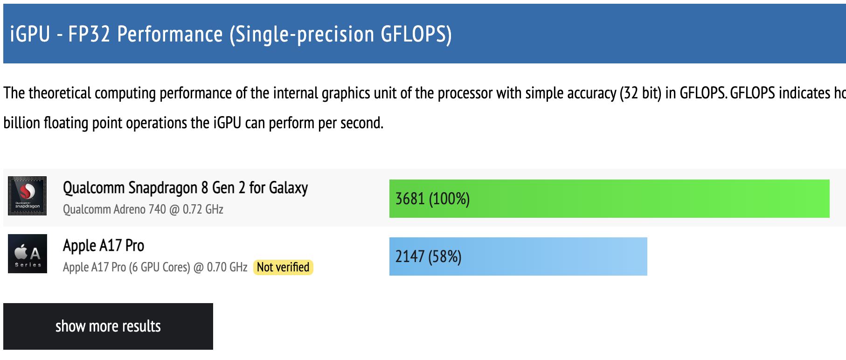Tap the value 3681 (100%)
[x=432, y=199]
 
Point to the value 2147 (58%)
[x=428, y=256]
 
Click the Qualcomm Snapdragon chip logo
[x=28, y=196]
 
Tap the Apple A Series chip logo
[x=28, y=254]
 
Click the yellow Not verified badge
[x=283, y=267]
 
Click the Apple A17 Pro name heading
[x=104, y=245]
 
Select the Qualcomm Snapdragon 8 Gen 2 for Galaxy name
[x=185, y=187]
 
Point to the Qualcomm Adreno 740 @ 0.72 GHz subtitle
[x=143, y=209]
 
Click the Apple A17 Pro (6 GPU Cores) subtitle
[x=155, y=267]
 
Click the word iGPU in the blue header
[x=30, y=34]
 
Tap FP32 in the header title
[x=89, y=34]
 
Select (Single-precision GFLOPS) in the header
[x=340, y=34]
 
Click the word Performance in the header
[x=170, y=34]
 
